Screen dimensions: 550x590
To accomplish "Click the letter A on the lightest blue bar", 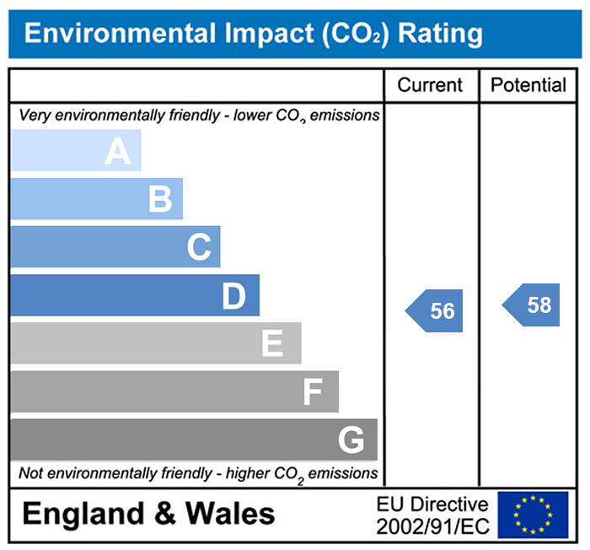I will (118, 152).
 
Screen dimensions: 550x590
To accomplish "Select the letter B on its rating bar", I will (160, 200).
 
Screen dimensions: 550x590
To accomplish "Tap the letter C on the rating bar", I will (199, 248).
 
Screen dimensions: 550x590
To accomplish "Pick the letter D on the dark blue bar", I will (233, 296).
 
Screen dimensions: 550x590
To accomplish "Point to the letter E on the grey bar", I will (271, 344).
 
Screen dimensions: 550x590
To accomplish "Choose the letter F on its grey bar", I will (313, 392).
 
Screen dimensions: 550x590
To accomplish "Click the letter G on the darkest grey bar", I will (351, 440).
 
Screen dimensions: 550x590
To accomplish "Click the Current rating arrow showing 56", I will (436, 310).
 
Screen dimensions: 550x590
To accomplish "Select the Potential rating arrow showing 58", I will (533, 305).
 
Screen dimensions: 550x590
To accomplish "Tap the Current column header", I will (430, 85).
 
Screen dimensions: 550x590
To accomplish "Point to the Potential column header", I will (528, 85).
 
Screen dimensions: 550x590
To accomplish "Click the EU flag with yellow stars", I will (533, 515).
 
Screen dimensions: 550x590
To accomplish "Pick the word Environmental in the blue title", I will (117, 33).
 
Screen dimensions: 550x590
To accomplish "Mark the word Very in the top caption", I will (34, 116).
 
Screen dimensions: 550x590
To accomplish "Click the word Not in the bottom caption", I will (31, 473).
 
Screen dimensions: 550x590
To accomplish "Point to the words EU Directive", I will (432, 504).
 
